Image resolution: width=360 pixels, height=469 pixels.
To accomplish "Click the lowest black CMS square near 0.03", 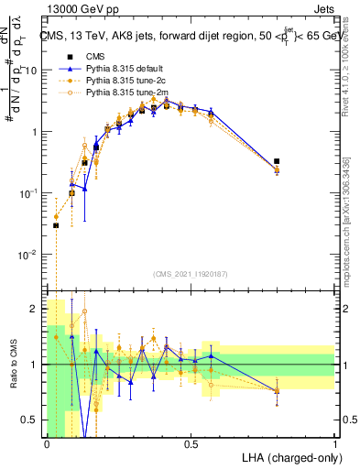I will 56,225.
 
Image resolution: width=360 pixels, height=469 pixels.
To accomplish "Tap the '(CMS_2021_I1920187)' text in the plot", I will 190,274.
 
